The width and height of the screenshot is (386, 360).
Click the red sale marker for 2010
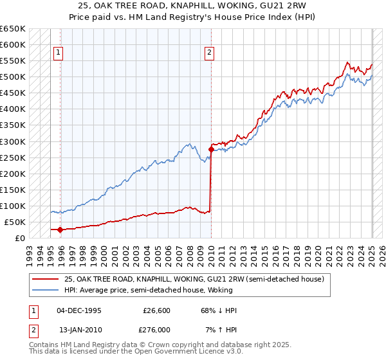click(211, 149)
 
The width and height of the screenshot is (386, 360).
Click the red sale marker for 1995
click(60, 230)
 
